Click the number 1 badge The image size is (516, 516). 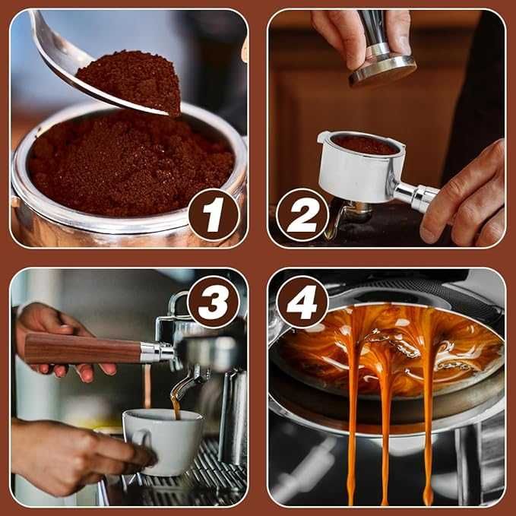[214, 215]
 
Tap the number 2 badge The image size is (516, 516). [302, 215]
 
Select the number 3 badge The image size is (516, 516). [214, 302]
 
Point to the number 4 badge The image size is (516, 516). [302, 302]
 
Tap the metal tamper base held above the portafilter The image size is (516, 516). [383, 70]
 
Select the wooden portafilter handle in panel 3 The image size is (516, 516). [83, 349]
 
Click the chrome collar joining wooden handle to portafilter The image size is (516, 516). [156, 352]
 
